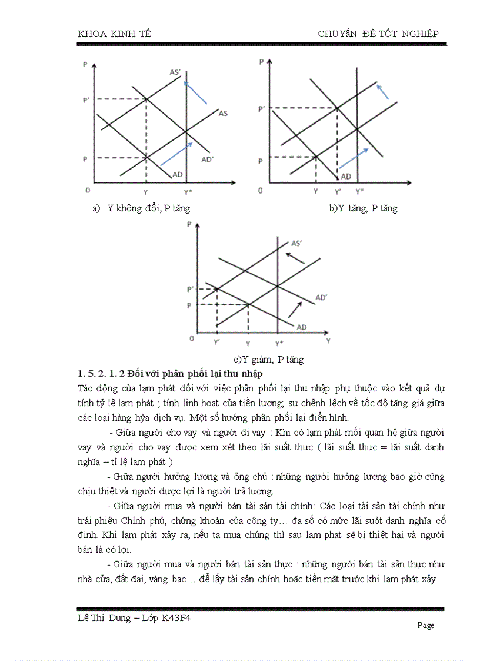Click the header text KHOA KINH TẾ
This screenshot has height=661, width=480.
click(x=114, y=34)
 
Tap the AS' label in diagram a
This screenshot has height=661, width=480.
click(x=175, y=72)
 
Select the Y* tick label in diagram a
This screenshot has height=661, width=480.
click(x=187, y=192)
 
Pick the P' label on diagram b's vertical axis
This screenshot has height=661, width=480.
click(x=262, y=109)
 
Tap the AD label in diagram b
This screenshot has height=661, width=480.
click(x=346, y=176)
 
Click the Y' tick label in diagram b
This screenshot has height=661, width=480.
click(x=338, y=192)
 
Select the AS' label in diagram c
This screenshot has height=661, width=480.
click(x=297, y=243)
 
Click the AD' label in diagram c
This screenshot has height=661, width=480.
click(x=321, y=298)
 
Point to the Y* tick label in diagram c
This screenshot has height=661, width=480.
click(x=279, y=343)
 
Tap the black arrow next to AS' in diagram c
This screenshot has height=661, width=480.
click(x=295, y=257)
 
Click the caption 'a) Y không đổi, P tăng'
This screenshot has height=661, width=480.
click(x=142, y=208)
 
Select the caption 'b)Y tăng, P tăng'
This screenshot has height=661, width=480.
click(x=363, y=208)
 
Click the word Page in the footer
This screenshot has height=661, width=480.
click(x=425, y=625)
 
